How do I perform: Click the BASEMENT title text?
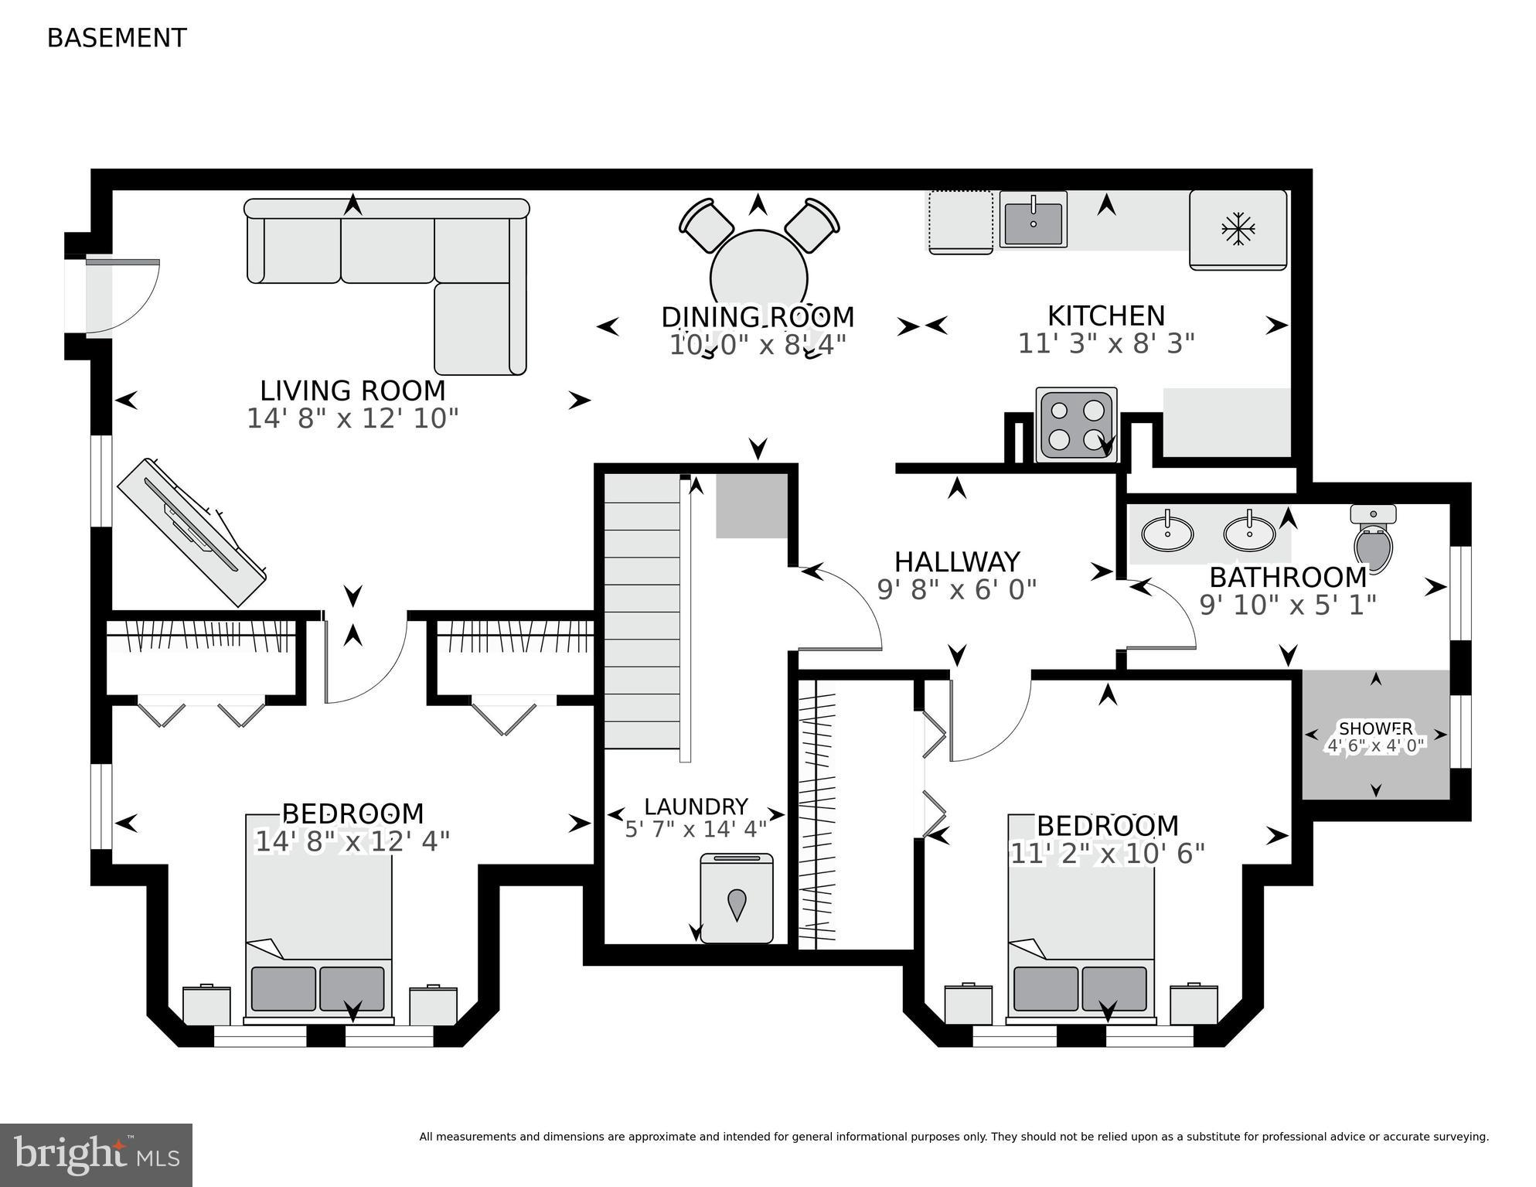117,38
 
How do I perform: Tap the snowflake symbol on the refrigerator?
1238,229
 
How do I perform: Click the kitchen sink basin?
1034,220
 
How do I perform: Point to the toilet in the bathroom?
1373,539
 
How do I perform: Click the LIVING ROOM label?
352,391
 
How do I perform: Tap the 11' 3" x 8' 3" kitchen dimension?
1106,343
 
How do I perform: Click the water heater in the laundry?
736,899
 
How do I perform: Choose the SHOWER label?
1375,728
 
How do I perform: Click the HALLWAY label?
957,561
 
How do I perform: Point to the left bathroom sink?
1167,533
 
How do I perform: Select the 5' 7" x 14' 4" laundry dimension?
696,829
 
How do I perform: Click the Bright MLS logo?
96,1155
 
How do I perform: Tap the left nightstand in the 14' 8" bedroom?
206,1005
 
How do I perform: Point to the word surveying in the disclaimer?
1459,1137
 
